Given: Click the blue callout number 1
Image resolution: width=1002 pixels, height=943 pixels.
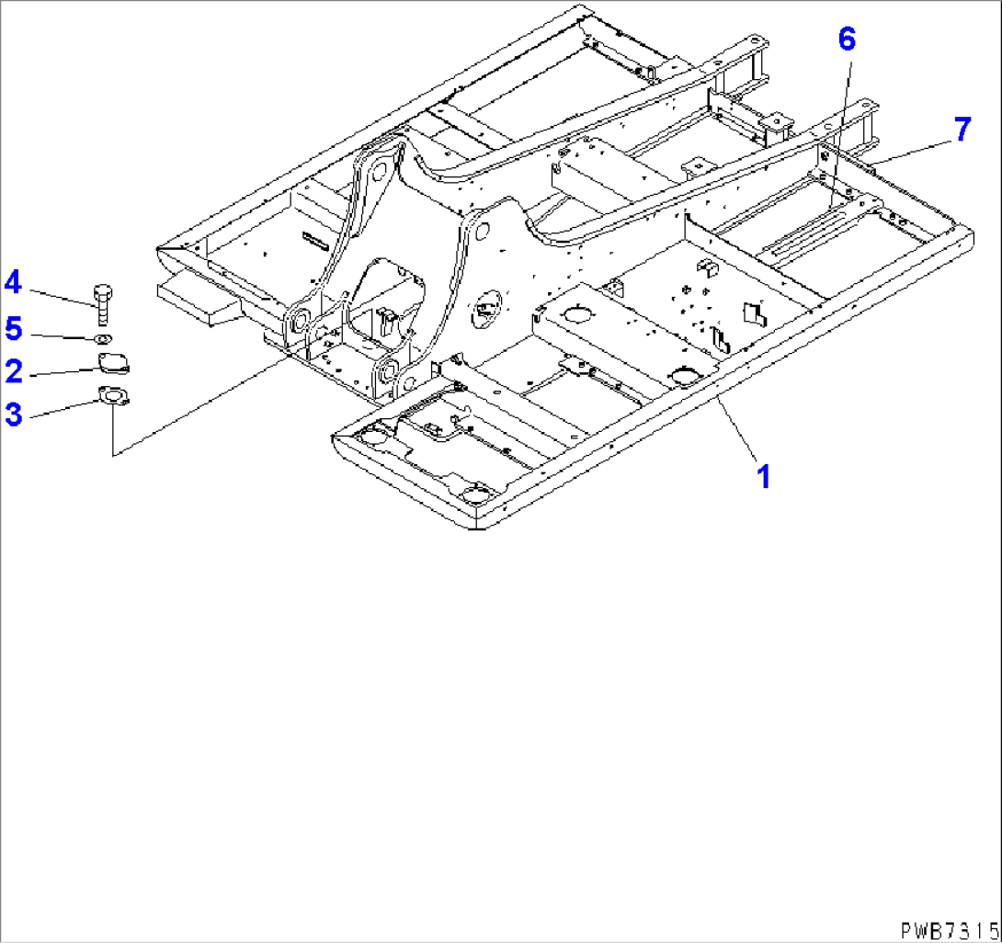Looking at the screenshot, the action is [x=764, y=477].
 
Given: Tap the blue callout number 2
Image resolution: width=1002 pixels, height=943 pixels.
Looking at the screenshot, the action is [x=14, y=372].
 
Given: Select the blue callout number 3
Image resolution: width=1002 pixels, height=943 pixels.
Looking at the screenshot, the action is [x=14, y=415].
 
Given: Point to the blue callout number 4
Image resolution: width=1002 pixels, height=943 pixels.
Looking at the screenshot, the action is [x=13, y=282].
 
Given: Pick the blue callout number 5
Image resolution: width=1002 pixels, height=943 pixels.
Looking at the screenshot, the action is [x=14, y=329].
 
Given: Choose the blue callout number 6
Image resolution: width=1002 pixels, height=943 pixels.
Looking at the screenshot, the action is [x=847, y=40].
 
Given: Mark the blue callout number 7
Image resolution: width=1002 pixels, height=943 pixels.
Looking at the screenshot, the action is [x=962, y=129].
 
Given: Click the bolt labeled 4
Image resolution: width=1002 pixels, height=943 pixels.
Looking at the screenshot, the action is [x=103, y=304].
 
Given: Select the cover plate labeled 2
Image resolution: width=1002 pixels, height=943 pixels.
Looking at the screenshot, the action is [x=113, y=364].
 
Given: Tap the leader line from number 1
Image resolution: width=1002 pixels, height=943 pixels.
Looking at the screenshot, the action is [x=737, y=428].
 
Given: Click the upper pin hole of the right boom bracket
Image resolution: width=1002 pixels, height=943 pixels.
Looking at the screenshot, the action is [x=483, y=231].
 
